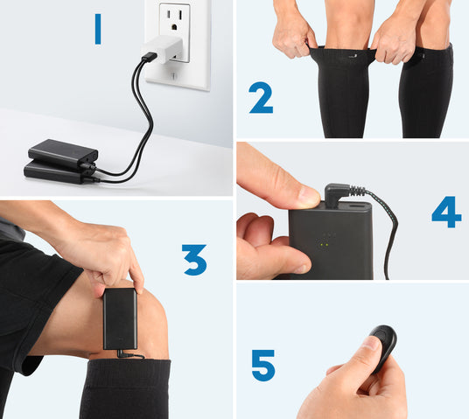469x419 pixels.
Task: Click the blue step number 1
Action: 98,30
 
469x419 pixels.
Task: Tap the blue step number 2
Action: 261,98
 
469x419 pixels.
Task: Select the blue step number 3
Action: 194,260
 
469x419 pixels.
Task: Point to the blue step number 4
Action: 446,212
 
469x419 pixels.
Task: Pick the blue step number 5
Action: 263,366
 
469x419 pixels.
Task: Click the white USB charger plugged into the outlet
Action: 163,49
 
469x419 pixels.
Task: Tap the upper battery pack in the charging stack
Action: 63,153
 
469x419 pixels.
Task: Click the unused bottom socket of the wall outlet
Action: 174,75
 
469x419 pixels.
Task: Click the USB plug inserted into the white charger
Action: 150,57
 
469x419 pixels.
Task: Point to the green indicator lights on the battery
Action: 325,245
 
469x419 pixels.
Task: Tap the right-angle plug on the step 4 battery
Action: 338,195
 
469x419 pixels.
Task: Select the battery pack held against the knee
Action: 120,318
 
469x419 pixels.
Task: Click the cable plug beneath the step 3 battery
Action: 126,354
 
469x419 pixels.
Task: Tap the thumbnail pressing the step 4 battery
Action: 309,195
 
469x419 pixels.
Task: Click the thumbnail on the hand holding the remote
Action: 371,342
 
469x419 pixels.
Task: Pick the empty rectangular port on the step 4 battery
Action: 357,206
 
